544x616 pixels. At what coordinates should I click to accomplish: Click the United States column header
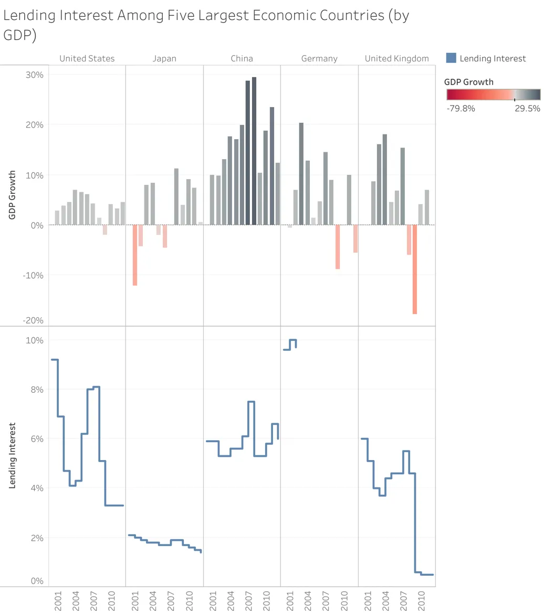[x=87, y=58]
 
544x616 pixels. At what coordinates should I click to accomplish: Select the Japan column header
[x=164, y=58]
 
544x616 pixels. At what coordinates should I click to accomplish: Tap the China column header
[x=242, y=58]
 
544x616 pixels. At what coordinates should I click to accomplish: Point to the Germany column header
[x=319, y=58]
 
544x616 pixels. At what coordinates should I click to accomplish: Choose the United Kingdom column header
[x=396, y=58]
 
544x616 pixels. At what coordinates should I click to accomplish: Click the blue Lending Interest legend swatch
[x=451, y=58]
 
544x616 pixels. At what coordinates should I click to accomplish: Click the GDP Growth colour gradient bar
[x=493, y=95]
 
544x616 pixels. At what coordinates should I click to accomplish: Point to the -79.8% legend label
[x=461, y=109]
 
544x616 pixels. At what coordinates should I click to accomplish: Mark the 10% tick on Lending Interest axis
[x=35, y=340]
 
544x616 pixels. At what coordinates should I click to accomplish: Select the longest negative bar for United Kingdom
[x=415, y=269]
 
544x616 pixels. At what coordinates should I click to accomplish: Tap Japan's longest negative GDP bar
[x=135, y=255]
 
